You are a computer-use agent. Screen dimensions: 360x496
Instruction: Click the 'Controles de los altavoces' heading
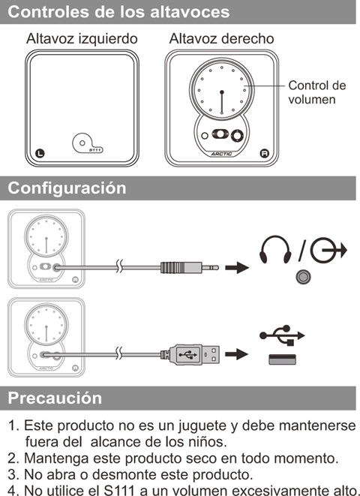click(118, 12)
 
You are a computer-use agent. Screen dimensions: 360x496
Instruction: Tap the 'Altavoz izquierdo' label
click(82, 39)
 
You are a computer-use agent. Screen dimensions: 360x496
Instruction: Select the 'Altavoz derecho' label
click(221, 39)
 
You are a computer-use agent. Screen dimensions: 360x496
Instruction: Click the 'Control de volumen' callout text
click(317, 92)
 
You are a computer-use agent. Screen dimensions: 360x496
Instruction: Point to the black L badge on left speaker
click(40, 153)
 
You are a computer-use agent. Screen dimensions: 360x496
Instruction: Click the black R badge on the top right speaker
click(264, 153)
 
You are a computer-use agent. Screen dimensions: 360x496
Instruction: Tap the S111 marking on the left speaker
click(95, 150)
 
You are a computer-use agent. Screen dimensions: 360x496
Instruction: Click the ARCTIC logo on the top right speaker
click(221, 154)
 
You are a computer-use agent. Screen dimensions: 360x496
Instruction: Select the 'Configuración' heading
click(67, 188)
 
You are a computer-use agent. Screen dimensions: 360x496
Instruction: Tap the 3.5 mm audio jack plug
click(190, 268)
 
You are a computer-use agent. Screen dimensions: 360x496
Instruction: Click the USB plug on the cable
click(190, 355)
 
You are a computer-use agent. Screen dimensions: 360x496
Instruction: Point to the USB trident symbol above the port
click(282, 335)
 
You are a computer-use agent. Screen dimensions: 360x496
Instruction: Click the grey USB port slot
click(282, 359)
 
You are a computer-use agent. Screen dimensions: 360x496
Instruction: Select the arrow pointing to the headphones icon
click(237, 268)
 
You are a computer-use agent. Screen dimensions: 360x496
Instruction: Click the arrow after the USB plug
click(237, 354)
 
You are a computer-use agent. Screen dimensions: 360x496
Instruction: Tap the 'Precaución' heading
click(55, 398)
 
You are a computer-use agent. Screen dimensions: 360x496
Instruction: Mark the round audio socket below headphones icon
click(303, 277)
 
